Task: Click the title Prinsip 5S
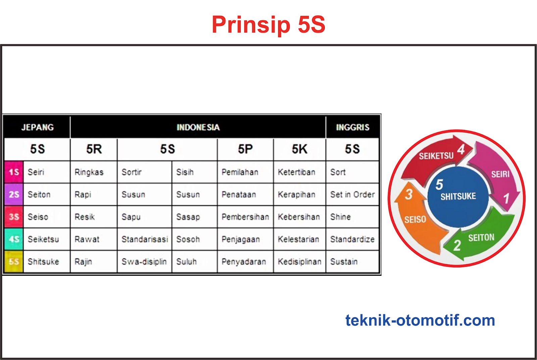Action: pyautogui.click(x=268, y=24)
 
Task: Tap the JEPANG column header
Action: pyautogui.click(x=37, y=127)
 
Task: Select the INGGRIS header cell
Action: pyautogui.click(x=352, y=127)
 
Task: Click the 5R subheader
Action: pyautogui.click(x=94, y=149)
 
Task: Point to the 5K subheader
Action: pyautogui.click(x=299, y=149)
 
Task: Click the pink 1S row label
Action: pyautogui.click(x=14, y=172)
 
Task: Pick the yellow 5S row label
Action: pyautogui.click(x=14, y=262)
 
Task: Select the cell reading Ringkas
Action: pyautogui.click(x=89, y=172)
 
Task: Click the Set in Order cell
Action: pyautogui.click(x=352, y=195)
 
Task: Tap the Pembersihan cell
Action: pyautogui.click(x=245, y=217)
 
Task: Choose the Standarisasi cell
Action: pyautogui.click(x=145, y=240)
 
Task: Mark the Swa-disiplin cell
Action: pyautogui.click(x=144, y=262)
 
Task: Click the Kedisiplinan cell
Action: pyautogui.click(x=299, y=262)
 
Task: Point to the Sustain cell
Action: pyautogui.click(x=344, y=262)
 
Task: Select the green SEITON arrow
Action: pyautogui.click(x=483, y=238)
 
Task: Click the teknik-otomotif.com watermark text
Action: pyautogui.click(x=420, y=320)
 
